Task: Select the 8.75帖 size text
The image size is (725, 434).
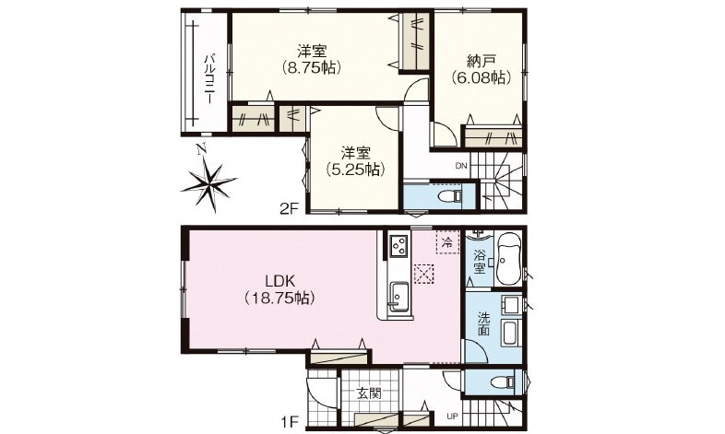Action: click(313, 68)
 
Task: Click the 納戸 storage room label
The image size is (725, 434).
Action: click(481, 61)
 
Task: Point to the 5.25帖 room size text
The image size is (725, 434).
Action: click(355, 170)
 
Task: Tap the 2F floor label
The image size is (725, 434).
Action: click(287, 209)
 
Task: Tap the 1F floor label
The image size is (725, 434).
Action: click(290, 421)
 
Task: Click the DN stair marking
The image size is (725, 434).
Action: click(461, 166)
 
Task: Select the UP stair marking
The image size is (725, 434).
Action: click(452, 416)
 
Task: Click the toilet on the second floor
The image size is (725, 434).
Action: click(450, 196)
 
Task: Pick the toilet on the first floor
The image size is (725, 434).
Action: click(503, 382)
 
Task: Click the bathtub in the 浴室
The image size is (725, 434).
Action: click(508, 259)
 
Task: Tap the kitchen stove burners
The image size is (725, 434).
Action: click(399, 246)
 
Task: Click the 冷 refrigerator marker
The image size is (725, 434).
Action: click(447, 241)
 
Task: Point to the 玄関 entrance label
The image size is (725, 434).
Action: click(369, 393)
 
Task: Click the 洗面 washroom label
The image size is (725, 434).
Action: click(483, 323)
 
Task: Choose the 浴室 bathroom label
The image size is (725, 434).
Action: click(480, 261)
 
